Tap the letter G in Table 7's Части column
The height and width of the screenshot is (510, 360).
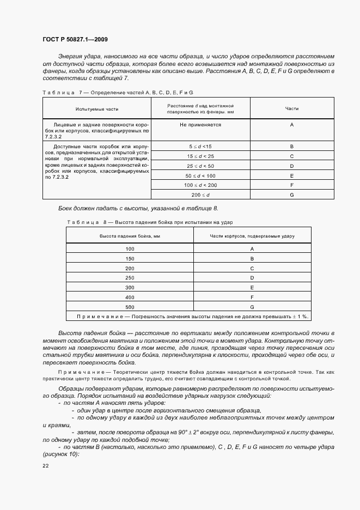click(x=292, y=195)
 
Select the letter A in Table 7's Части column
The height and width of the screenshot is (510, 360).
click(x=292, y=125)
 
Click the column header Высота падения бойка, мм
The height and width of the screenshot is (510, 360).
click(x=130, y=235)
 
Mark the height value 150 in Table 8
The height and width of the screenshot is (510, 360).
click(x=130, y=258)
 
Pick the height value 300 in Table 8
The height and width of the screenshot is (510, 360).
click(x=130, y=287)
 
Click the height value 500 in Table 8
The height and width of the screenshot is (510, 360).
click(x=130, y=307)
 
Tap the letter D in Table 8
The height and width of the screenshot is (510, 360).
click(x=252, y=278)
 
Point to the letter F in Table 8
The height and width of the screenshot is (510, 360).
click(x=252, y=297)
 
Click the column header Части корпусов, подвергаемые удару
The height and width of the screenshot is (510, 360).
click(x=252, y=235)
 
